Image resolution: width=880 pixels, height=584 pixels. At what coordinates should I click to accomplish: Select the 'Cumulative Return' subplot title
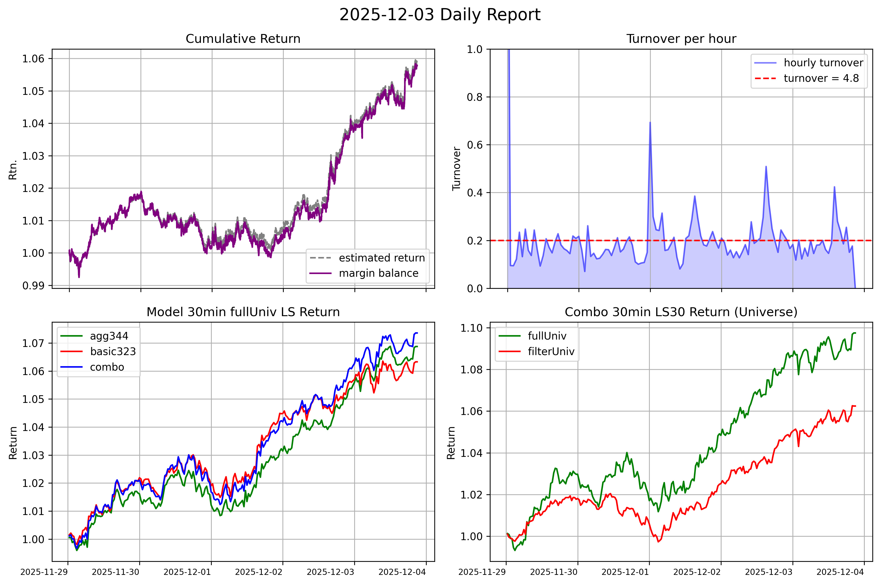[243, 39]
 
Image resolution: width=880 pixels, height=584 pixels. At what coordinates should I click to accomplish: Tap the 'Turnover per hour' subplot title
[681, 39]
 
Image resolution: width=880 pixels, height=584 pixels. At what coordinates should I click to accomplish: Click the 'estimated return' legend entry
[382, 258]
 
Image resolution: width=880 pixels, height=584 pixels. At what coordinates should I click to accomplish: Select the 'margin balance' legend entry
[379, 273]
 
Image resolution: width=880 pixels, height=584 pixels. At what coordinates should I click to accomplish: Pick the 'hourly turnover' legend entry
[823, 63]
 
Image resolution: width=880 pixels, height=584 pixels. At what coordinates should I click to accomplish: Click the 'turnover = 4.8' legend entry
[821, 78]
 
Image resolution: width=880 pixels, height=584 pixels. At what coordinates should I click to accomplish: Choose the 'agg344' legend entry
[109, 336]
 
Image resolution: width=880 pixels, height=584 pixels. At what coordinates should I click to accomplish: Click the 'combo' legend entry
[107, 367]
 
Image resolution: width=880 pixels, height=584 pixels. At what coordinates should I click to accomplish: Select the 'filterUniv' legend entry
[551, 351]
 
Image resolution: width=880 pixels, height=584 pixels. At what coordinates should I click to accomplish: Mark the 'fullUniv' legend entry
[547, 336]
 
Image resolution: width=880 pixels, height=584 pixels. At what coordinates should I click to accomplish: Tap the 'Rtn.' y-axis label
[13, 170]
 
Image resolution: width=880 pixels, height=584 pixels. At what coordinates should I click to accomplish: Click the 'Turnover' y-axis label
[457, 169]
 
